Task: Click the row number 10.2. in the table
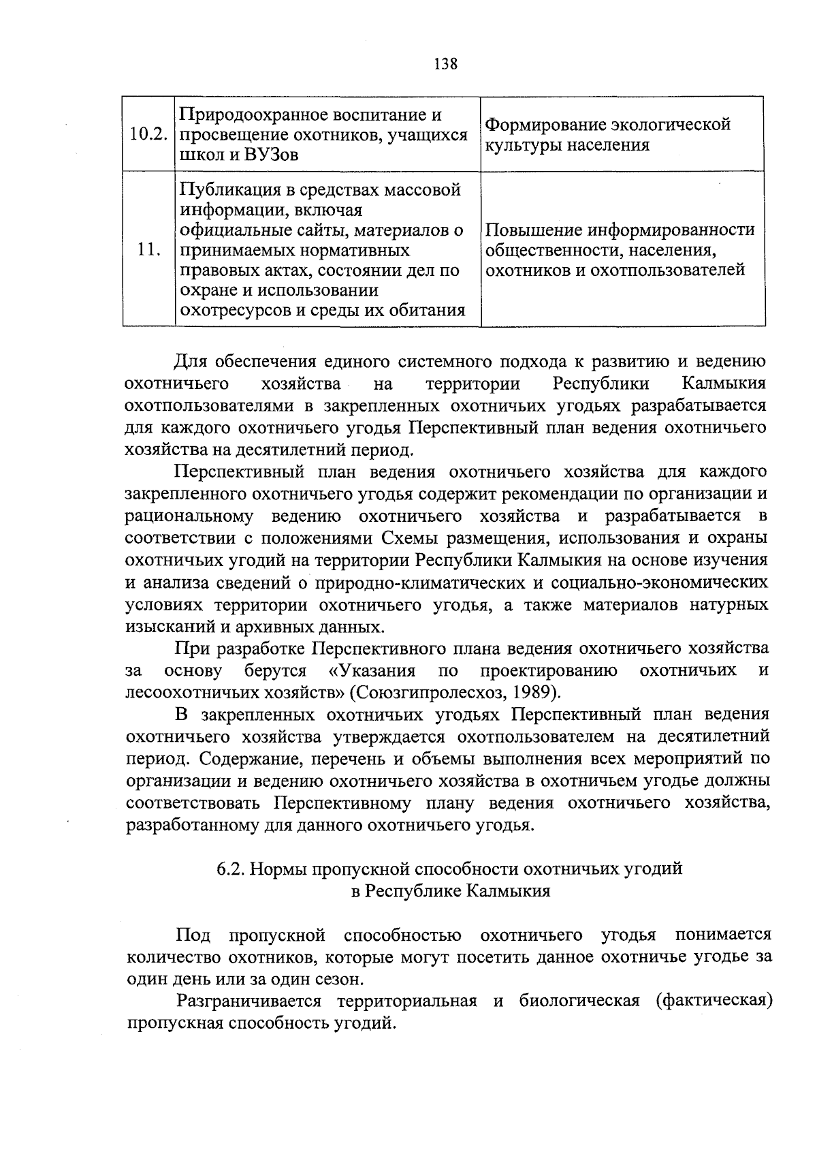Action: pyautogui.click(x=148, y=134)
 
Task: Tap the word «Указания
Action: pyautogui.click(x=372, y=671)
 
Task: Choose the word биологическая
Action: pyautogui.click(x=579, y=1001)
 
